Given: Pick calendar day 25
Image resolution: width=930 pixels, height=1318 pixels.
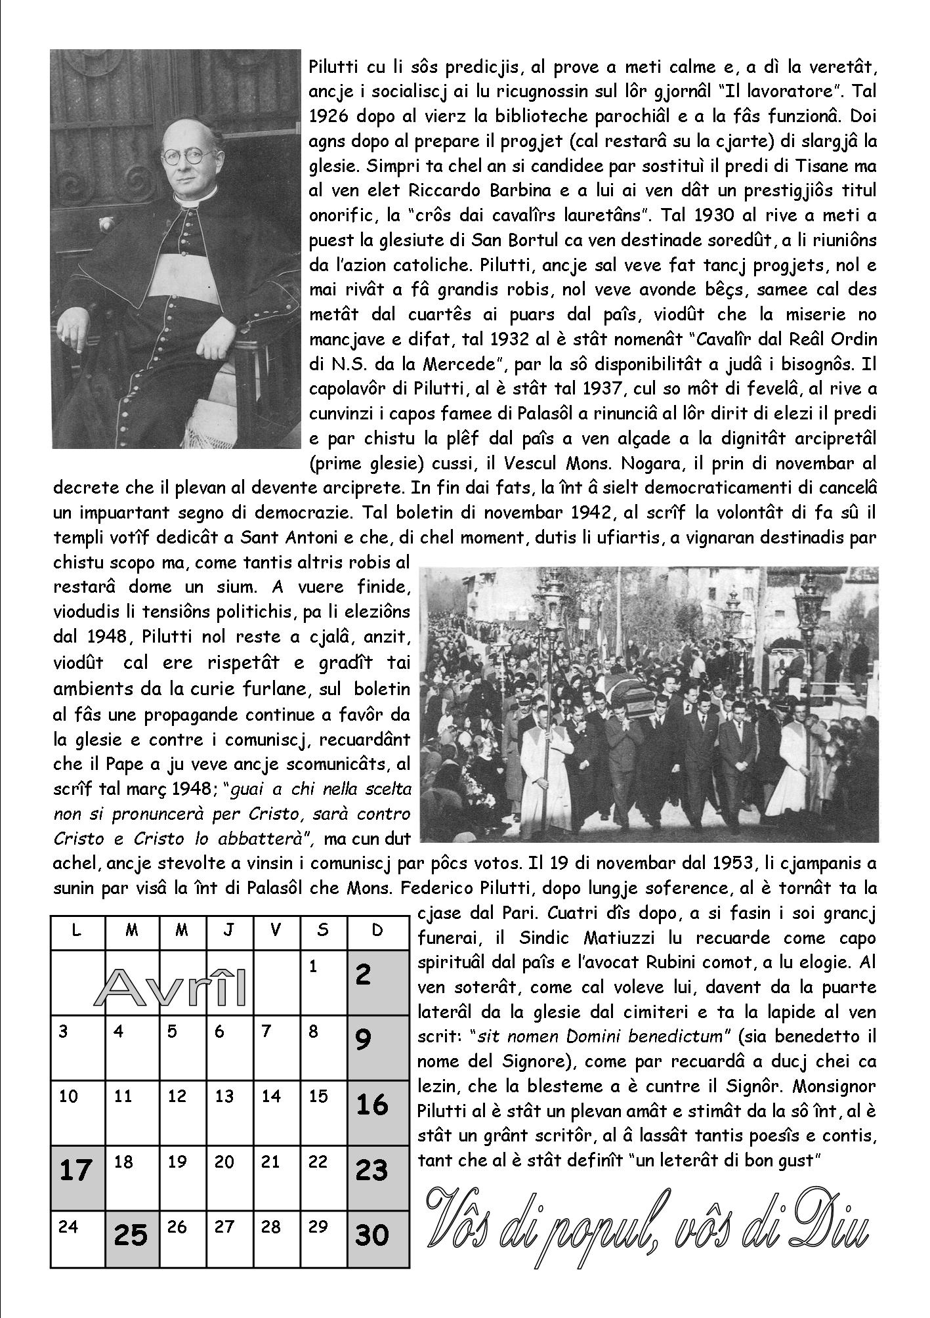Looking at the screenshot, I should (131, 1236).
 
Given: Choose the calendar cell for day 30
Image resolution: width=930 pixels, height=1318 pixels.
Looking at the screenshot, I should (371, 1236).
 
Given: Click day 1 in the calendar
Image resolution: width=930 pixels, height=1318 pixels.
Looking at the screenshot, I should (313, 967).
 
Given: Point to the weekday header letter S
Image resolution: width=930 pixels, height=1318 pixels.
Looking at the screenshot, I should (322, 931).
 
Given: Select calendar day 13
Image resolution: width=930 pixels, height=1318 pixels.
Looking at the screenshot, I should (224, 1095).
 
